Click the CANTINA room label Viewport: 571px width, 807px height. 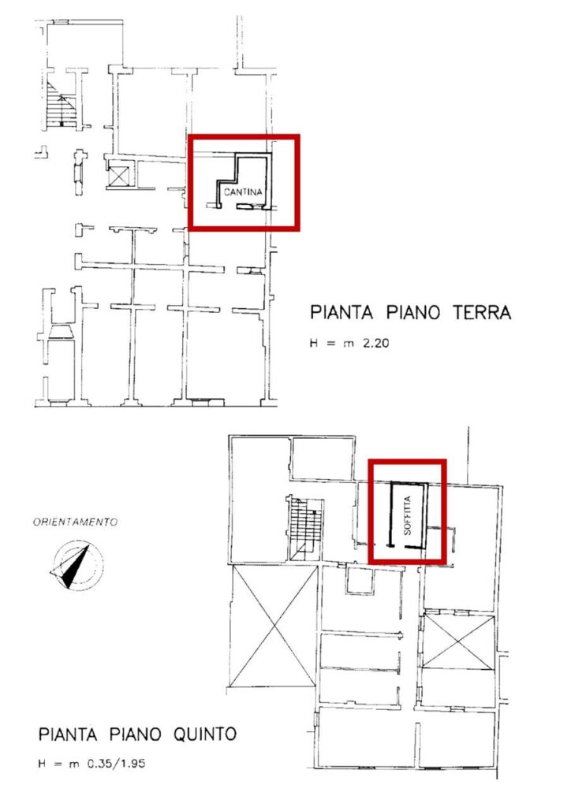coord(243,192)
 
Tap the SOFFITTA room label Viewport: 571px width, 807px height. coord(407,515)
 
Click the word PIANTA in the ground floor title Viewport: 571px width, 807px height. coord(341,312)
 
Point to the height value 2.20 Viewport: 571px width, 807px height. coord(376,344)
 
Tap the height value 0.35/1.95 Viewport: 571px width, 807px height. coord(117,763)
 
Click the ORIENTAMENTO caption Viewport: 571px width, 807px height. coord(75,522)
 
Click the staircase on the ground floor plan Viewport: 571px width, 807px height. coord(61,105)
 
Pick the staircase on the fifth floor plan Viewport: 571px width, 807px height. coord(304,529)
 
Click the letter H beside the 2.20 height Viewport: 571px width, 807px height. coord(314,344)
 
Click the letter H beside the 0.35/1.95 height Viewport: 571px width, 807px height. coord(43,763)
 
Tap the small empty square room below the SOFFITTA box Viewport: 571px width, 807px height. coord(360,581)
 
